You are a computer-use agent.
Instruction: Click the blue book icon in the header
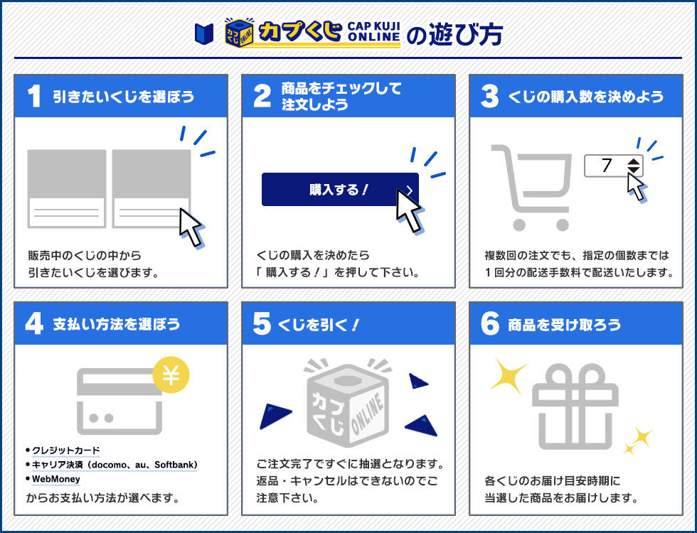pos(204,32)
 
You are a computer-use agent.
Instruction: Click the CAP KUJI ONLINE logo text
pos(373,32)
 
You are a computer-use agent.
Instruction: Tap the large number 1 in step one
pos(33,97)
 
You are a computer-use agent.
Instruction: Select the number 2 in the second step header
pos(262,97)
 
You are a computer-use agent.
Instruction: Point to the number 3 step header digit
pos(489,97)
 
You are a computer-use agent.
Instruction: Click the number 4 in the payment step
pos(33,324)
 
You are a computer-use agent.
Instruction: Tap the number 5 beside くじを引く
pos(262,324)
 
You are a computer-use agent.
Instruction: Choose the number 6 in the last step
pos(490,324)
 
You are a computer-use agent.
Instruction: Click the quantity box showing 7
pos(613,166)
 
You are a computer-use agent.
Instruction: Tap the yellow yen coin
pos(171,375)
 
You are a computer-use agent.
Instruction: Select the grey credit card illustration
pos(119,401)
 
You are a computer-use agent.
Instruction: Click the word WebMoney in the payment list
pos(56,479)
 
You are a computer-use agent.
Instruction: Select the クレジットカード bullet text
pos(65,451)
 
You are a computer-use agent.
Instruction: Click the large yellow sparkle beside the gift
pos(508,375)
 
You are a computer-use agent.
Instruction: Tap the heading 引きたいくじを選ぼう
pos(123,97)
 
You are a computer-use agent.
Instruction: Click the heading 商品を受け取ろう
pos(564,325)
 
